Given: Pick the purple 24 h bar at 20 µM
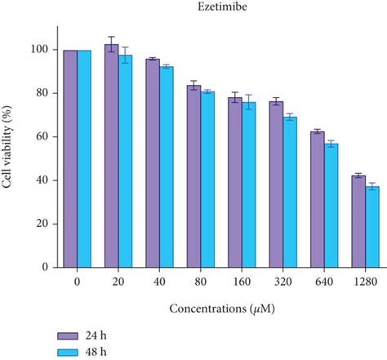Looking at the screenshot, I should coord(112,155).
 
